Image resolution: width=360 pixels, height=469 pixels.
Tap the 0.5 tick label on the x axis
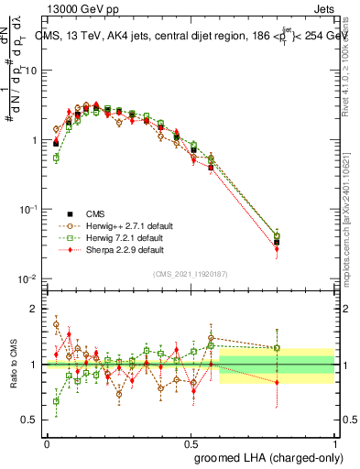tap(191, 442)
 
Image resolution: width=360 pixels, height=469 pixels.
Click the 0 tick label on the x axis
tap(47, 442)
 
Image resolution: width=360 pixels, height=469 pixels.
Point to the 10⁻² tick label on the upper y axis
tap(28, 278)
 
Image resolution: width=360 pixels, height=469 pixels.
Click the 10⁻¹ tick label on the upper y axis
tap(28, 209)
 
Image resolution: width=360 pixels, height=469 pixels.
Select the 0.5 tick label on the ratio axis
tap(32, 420)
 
